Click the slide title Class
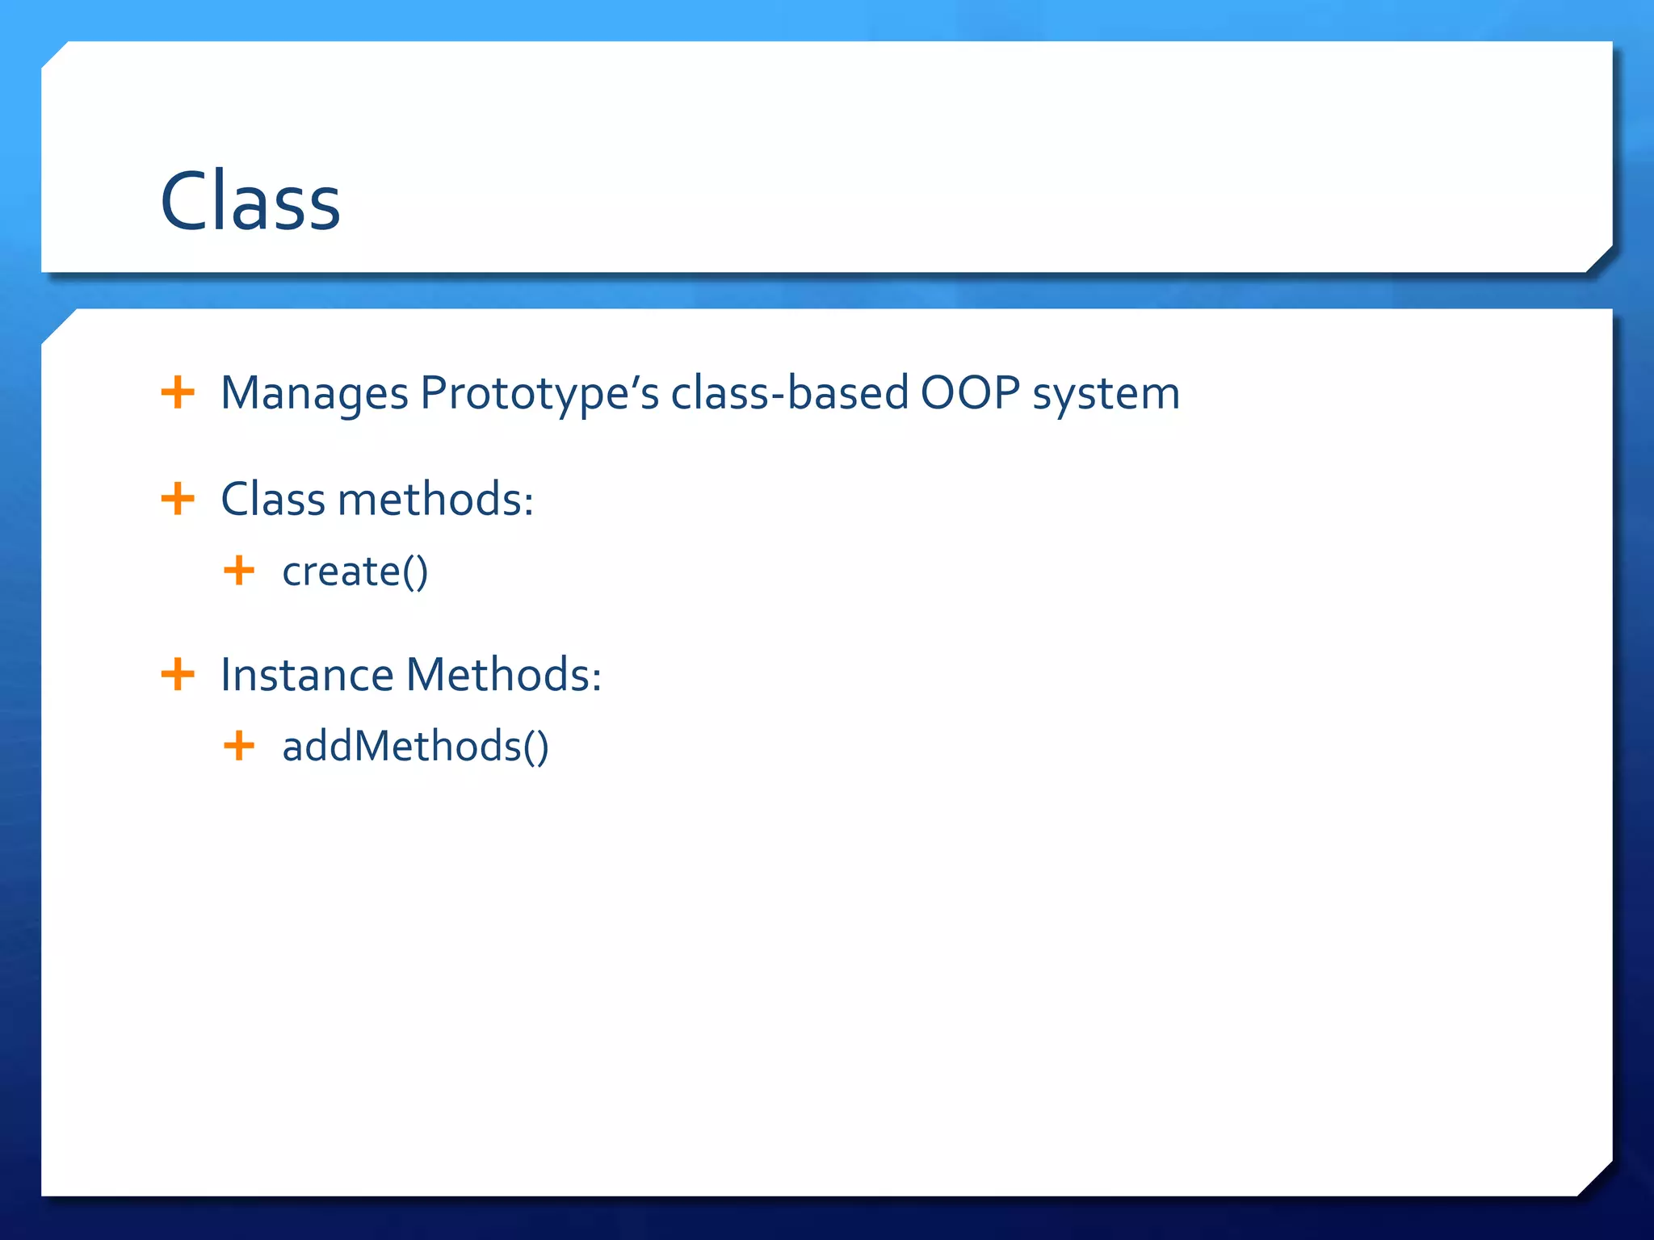250,202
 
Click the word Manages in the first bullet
314,394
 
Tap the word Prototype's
539,394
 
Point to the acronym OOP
970,394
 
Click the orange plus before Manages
178,393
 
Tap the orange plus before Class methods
178,499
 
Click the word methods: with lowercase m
435,499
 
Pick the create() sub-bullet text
355,572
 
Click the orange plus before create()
239,571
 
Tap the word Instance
307,675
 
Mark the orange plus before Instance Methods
178,674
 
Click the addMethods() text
415,746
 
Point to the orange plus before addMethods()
239,745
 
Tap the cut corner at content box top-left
58,325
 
